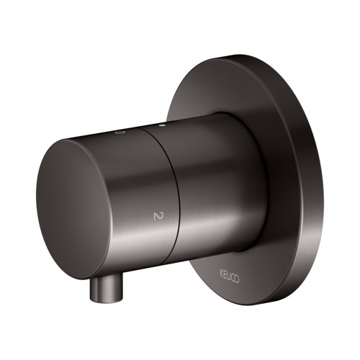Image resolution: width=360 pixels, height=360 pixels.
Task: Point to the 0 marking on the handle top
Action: point(119,132)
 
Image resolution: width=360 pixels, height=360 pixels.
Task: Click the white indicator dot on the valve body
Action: point(162,125)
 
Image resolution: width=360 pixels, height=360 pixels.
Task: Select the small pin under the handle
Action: point(106,287)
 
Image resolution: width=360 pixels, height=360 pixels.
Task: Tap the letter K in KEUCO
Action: point(222,274)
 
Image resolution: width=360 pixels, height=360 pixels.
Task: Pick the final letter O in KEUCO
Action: point(237,280)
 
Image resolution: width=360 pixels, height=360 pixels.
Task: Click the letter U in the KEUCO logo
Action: point(229,276)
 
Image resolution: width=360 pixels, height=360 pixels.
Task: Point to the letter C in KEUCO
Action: point(233,279)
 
